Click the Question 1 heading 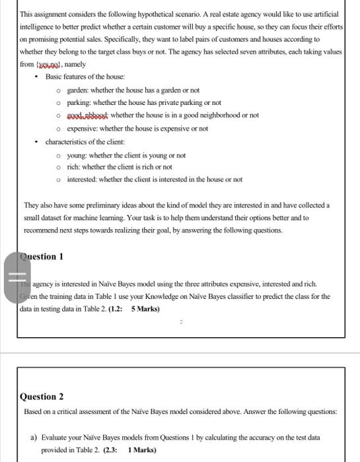(42, 257)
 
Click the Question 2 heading (42, 397)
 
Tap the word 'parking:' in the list (81, 102)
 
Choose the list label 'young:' (79, 155)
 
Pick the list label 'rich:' (75, 167)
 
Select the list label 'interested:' (84, 180)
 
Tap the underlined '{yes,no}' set (46, 65)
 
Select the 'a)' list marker (34, 436)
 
